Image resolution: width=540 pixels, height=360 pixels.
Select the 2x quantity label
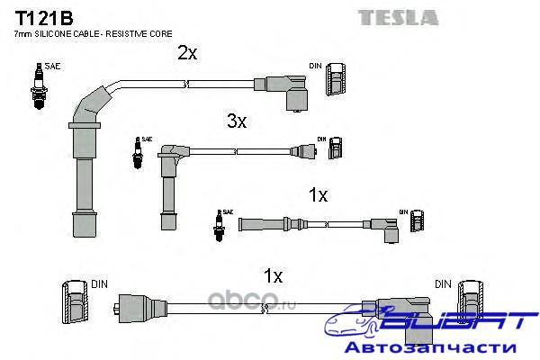[x=187, y=54]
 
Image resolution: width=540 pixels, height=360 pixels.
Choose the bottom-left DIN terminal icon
[x=74, y=301]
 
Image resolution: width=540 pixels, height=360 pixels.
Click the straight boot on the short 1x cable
[x=265, y=224]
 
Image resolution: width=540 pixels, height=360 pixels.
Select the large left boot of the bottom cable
[x=135, y=306]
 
